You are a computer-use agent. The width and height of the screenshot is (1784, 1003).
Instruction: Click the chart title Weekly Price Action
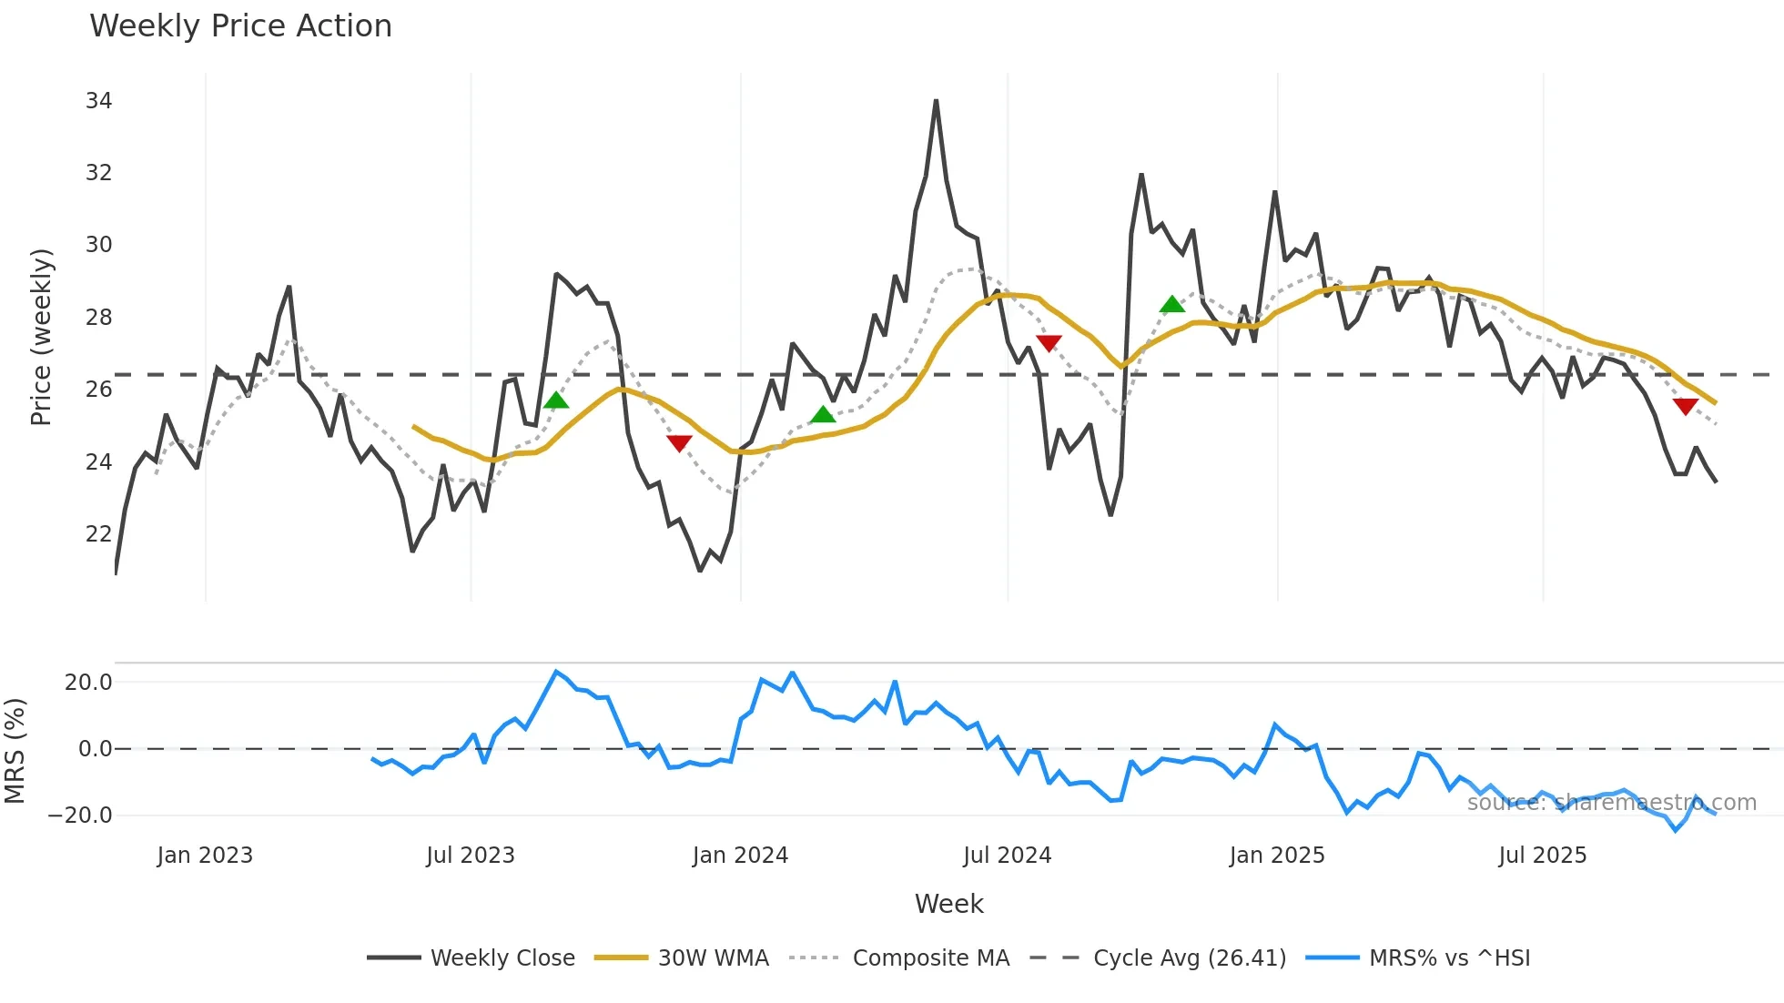(x=240, y=26)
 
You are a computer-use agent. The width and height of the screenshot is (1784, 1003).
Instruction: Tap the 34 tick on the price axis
(x=98, y=101)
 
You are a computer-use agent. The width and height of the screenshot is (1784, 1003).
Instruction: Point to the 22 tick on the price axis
(x=98, y=534)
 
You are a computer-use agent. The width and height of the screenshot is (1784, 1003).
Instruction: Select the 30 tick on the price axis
(x=98, y=245)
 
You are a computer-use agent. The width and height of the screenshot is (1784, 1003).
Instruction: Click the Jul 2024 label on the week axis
(x=1007, y=856)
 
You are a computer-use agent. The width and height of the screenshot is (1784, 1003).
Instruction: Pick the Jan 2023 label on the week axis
(x=205, y=856)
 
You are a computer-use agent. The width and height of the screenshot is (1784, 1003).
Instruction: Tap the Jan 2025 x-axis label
(x=1276, y=856)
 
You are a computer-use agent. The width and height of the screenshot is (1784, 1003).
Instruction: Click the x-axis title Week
(x=948, y=904)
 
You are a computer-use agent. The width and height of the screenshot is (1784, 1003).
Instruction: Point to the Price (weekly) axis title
(x=41, y=337)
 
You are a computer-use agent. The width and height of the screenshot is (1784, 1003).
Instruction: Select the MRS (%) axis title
(x=15, y=751)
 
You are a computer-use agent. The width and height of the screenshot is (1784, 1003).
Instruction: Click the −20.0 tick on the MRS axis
(x=80, y=816)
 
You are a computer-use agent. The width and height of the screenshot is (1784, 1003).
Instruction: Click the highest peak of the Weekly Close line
(x=936, y=101)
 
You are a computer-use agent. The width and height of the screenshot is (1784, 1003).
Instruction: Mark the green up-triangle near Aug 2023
(x=556, y=400)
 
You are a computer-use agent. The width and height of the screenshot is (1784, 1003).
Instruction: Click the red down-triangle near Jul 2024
(x=1049, y=343)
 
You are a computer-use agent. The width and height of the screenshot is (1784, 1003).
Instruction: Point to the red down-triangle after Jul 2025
(x=1685, y=406)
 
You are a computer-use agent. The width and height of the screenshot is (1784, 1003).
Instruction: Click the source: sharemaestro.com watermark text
(x=1611, y=803)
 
